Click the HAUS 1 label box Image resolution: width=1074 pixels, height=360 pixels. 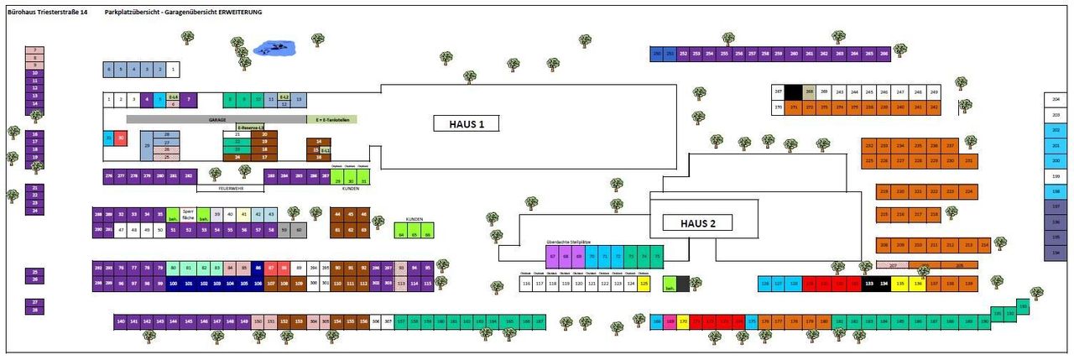click(x=465, y=123)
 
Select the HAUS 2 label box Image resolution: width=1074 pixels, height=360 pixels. click(x=696, y=222)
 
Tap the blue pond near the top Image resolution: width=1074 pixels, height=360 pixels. click(x=272, y=48)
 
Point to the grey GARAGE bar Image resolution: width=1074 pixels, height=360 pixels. click(x=217, y=120)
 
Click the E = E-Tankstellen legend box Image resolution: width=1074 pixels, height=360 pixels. click(x=331, y=120)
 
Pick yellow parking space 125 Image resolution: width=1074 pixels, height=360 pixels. click(x=644, y=284)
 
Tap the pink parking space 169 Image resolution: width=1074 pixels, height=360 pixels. click(x=670, y=321)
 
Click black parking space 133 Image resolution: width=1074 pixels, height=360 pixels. click(x=869, y=284)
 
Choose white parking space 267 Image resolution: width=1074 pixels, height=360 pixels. click(x=778, y=91)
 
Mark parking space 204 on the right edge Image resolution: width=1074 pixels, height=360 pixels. click(x=1056, y=99)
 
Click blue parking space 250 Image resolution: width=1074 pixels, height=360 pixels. click(x=657, y=54)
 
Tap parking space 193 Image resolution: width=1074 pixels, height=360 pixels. click(x=1023, y=305)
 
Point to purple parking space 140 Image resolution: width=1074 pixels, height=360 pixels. click(x=121, y=321)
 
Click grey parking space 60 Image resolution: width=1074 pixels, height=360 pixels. click(x=298, y=228)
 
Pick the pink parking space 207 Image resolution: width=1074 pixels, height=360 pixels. click(x=893, y=265)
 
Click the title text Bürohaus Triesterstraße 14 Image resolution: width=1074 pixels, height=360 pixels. click(x=47, y=13)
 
